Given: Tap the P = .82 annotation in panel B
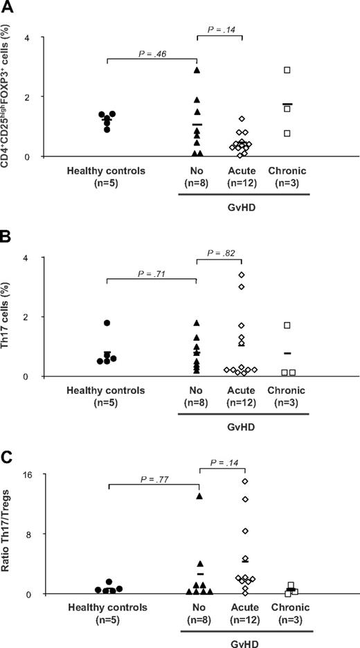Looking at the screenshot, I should pyautogui.click(x=219, y=253).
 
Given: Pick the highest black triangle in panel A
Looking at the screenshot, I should pyautogui.click(x=197, y=70).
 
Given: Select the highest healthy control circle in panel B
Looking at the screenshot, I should pyautogui.click(x=107, y=323).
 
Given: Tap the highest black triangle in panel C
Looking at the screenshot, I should pyautogui.click(x=199, y=496).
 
